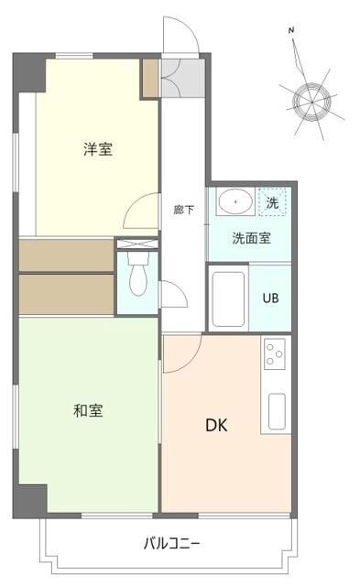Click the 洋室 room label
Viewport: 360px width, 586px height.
pyautogui.click(x=98, y=149)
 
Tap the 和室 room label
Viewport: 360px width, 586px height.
pyautogui.click(x=88, y=410)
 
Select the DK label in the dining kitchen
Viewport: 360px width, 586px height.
pyautogui.click(x=216, y=425)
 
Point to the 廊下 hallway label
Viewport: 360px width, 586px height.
pyautogui.click(x=183, y=210)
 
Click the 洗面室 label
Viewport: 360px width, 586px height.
pyautogui.click(x=249, y=239)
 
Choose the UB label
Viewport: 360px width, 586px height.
pyautogui.click(x=271, y=298)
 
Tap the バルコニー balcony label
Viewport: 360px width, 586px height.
pyautogui.click(x=170, y=543)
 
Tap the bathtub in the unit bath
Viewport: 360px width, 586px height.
pyautogui.click(x=228, y=299)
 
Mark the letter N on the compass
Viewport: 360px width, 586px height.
pyautogui.click(x=292, y=31)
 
